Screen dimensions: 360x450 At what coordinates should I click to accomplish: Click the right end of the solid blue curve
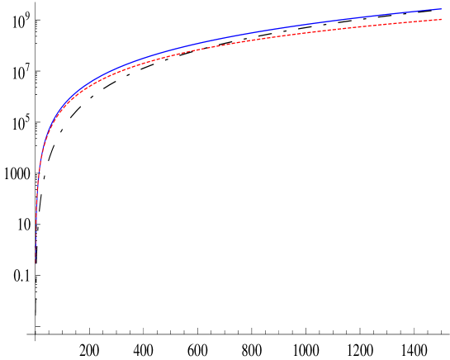[x=442, y=9]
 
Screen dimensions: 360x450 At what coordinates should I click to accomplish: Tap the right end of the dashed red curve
[x=442, y=19]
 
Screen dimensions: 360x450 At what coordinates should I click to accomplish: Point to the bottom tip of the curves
[x=36, y=263]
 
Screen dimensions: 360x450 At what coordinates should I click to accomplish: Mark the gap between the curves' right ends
[x=442, y=14]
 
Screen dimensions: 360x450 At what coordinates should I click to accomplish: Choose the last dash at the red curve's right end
[x=438, y=20]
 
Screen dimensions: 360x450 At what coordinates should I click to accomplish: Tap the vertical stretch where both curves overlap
[x=36, y=206]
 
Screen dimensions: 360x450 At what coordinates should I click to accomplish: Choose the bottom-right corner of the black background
[x=448, y=358]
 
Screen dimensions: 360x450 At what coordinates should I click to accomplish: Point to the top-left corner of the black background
[x=1, y=1]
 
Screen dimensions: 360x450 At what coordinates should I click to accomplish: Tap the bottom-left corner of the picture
[x=1, y=358]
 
